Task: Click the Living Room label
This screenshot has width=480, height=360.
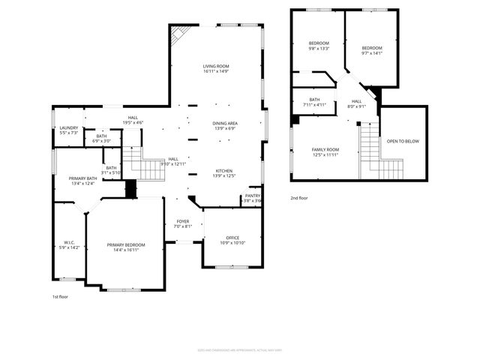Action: pos(214,67)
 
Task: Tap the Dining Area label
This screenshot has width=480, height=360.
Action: pos(225,123)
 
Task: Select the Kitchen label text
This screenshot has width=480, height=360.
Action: pos(225,170)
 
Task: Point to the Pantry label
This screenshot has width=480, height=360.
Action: pos(252,195)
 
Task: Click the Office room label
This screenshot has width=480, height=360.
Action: pos(232,238)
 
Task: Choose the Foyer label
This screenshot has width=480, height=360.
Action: pos(183,221)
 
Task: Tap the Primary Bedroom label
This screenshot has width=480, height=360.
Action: pos(125,245)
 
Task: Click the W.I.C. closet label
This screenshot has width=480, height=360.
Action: pos(68,242)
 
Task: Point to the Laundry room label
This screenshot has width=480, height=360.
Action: pos(68,128)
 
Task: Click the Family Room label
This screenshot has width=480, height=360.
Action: pos(325,149)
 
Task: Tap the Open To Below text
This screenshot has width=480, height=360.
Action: pos(403,141)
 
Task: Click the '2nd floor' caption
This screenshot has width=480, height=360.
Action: pos(299,198)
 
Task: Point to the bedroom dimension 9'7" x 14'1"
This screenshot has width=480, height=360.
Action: pos(372,52)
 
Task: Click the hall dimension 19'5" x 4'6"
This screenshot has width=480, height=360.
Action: pos(133,121)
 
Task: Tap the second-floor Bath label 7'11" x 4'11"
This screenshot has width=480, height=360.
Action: pos(314,105)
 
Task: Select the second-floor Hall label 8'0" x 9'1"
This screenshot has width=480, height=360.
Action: pos(356,106)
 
